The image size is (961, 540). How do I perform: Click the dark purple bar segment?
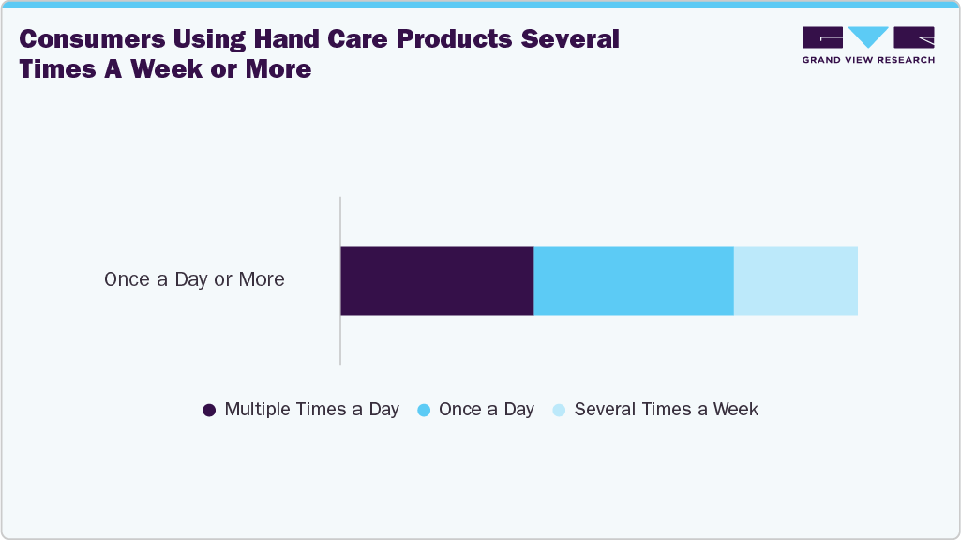(x=437, y=280)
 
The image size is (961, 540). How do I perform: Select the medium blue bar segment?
(x=634, y=280)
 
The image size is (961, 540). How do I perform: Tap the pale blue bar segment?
(x=795, y=280)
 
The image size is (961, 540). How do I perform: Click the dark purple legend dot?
(x=209, y=411)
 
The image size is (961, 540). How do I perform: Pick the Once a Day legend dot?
(x=424, y=411)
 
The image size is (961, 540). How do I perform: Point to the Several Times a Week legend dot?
(x=559, y=411)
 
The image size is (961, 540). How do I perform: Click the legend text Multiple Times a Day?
(x=311, y=410)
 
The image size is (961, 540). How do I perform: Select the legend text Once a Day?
(x=486, y=410)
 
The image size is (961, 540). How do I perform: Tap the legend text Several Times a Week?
(x=666, y=410)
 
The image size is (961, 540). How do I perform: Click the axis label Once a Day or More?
(x=194, y=279)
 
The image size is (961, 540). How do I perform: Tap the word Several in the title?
(x=577, y=39)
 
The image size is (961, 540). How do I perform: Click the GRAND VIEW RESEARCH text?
(x=868, y=60)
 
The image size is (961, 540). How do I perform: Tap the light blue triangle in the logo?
(x=868, y=37)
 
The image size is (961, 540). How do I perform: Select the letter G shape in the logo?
(x=823, y=37)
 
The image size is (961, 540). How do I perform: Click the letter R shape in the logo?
(x=914, y=37)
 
